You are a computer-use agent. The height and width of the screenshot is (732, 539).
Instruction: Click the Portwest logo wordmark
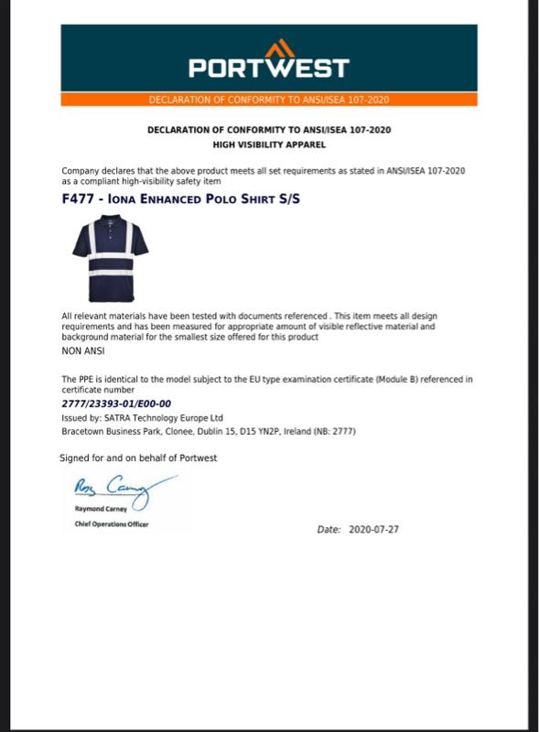[x=269, y=68]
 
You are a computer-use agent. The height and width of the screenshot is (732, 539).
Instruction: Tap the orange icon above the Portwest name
[x=280, y=48]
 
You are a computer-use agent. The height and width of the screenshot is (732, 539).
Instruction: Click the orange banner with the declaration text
[x=269, y=100]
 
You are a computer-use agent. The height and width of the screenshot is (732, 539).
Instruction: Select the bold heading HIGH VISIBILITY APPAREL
[x=269, y=145]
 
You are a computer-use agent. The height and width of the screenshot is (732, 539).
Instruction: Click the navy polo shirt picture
[x=110, y=258]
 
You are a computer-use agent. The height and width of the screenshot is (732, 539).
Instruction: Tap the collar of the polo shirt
[x=110, y=221]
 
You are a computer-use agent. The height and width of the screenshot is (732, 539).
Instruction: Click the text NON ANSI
[x=82, y=350]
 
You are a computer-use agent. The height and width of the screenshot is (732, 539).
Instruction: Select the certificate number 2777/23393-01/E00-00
[x=116, y=404]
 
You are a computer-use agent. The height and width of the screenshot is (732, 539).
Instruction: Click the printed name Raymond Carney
[x=101, y=509]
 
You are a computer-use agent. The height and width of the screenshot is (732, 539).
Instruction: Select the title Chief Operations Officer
[x=111, y=524]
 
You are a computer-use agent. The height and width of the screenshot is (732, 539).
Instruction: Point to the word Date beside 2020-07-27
[x=329, y=530]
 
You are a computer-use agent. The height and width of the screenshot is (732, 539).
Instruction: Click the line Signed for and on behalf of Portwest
[x=138, y=458]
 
